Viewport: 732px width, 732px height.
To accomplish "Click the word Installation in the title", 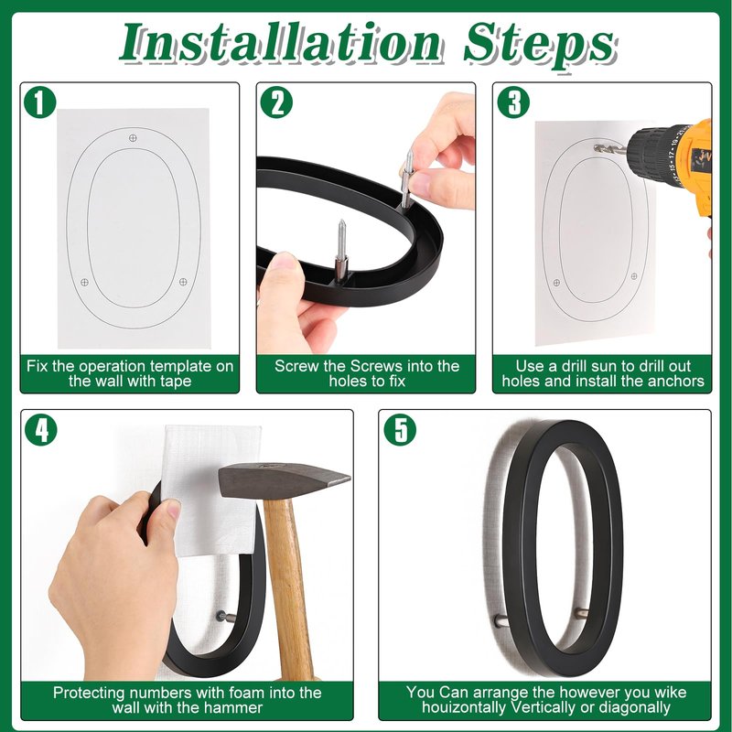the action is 279,43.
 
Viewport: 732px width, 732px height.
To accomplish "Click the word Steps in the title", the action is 540,44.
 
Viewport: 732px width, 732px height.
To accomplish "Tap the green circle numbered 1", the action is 39,103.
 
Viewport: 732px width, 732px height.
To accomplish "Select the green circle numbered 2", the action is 276,103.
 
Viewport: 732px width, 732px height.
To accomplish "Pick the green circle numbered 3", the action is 513,103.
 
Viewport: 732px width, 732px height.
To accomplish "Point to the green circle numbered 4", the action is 40,430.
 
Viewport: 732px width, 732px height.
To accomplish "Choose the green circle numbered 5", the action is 400,430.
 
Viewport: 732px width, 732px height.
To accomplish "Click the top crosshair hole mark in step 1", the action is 133,138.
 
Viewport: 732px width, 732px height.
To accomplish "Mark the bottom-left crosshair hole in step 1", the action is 84,282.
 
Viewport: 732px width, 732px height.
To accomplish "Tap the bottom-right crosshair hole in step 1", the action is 183,282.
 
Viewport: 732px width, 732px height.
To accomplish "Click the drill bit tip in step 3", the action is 596,148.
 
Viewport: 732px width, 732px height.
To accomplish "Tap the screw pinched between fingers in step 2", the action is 407,178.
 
